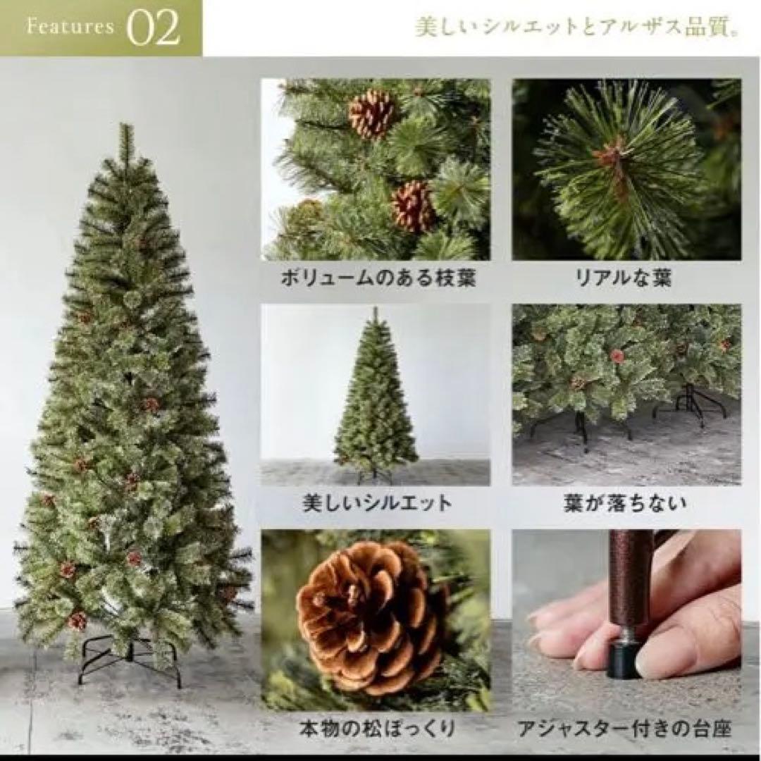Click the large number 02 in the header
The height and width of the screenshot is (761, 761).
tap(154, 28)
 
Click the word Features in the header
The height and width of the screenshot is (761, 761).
tap(70, 27)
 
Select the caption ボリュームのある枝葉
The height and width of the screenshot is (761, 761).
tap(378, 278)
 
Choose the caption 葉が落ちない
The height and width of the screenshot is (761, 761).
tap(625, 503)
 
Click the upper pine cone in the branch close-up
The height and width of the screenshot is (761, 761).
tap(371, 113)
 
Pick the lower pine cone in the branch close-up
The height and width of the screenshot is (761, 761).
tap(413, 206)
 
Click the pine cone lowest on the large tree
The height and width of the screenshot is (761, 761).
tap(76, 620)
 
